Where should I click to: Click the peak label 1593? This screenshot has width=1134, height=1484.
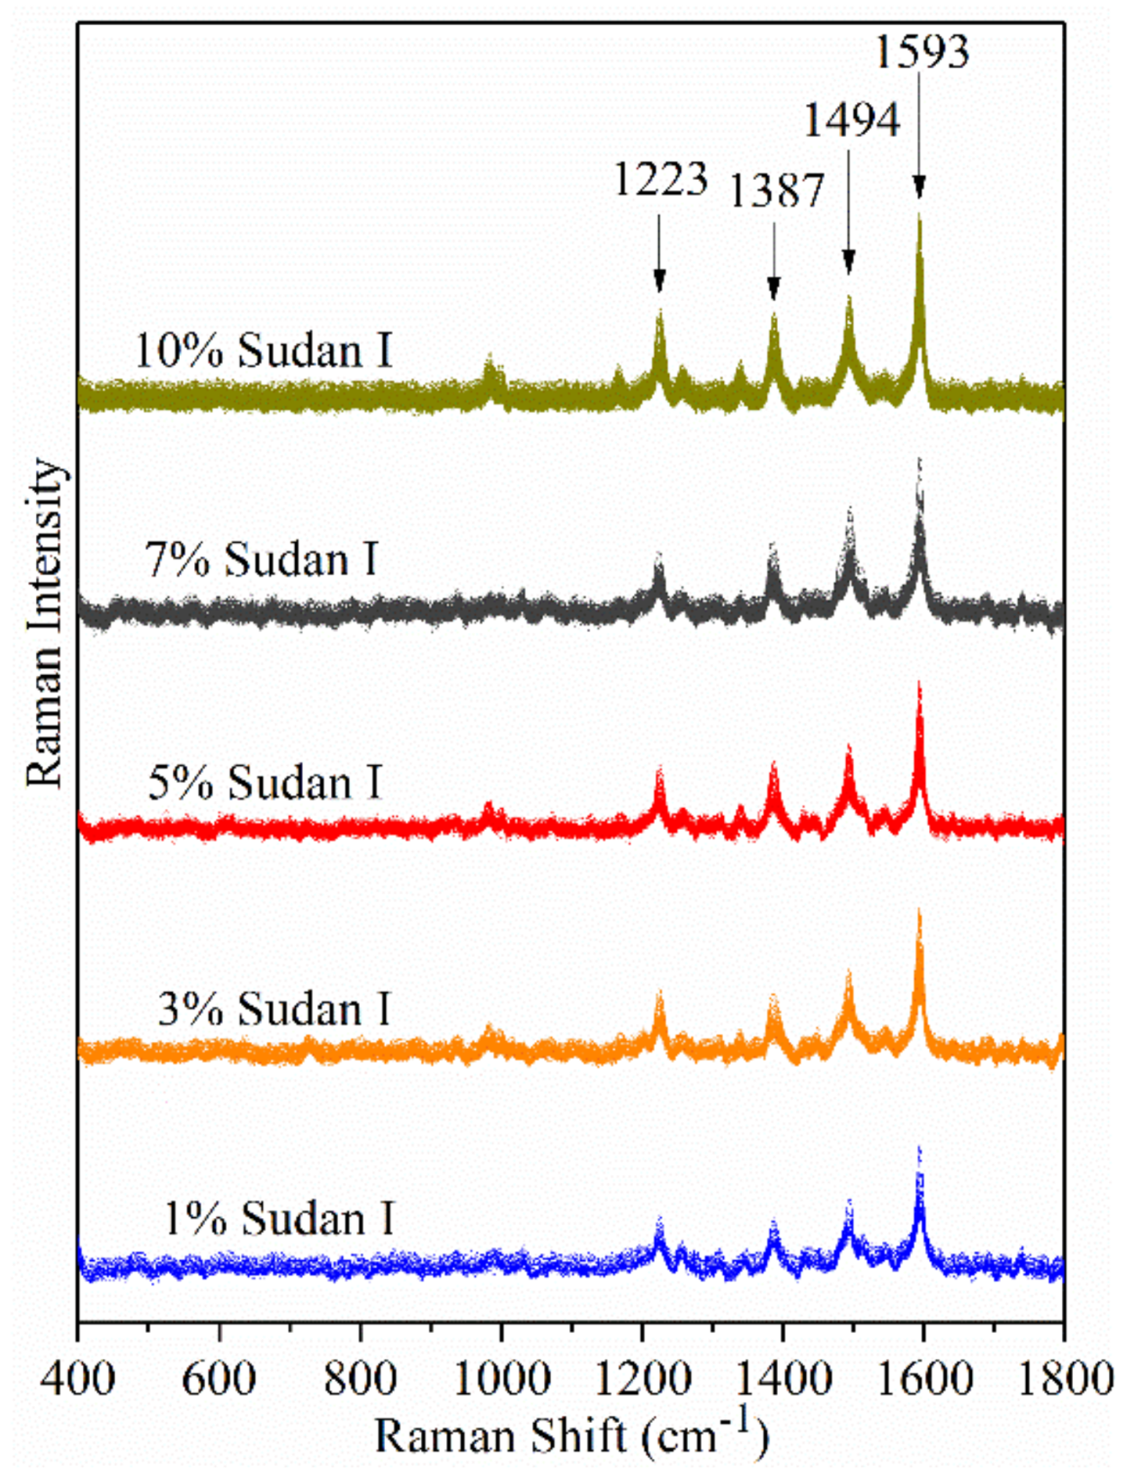tap(923, 51)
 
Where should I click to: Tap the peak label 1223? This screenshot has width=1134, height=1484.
tap(661, 179)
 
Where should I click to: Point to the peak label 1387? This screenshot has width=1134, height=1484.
tap(775, 191)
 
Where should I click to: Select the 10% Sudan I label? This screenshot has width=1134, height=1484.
tap(264, 351)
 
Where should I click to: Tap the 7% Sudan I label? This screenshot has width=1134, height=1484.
tap(261, 559)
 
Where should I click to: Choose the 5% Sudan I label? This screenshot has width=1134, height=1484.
tap(265, 783)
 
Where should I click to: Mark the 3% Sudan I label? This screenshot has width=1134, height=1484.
tap(274, 1009)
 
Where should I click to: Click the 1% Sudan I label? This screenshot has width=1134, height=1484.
tap(279, 1219)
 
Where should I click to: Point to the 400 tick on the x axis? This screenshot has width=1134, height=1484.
tap(78, 1376)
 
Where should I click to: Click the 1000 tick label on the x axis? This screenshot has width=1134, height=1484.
tap(501, 1376)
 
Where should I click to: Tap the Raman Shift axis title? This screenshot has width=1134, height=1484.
tap(572, 1435)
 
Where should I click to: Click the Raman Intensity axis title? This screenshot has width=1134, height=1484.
tap(45, 624)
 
